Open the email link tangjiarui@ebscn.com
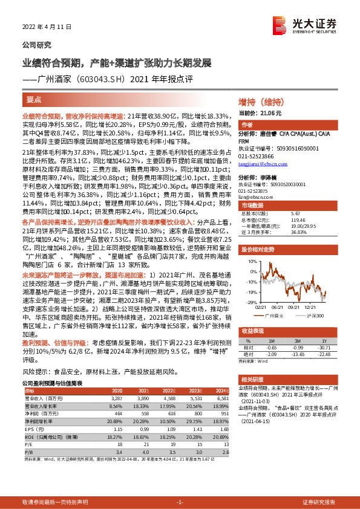pyautogui.click(x=263, y=163)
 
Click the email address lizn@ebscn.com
pyautogui.click(x=253, y=197)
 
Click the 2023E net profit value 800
pyautogui.click(x=195, y=413)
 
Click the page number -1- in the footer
pyautogui.click(x=179, y=502)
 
